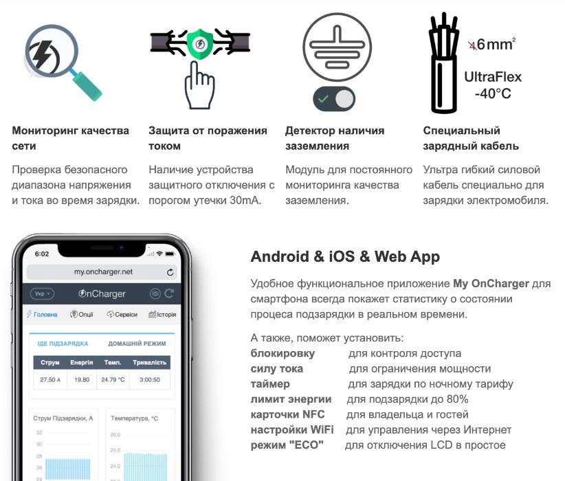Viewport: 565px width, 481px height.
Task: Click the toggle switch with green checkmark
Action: point(334,99)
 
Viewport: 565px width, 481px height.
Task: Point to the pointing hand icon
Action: point(199,86)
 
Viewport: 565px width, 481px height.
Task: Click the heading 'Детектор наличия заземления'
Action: point(335,138)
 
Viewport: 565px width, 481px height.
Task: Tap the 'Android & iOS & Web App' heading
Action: point(345,257)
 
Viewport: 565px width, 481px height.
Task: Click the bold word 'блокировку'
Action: point(282,353)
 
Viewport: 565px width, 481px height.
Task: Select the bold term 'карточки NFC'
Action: point(287,414)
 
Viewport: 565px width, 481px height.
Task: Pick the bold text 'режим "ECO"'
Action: point(287,445)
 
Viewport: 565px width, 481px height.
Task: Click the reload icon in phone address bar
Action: point(170,272)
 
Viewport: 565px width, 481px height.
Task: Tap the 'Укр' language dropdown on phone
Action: point(43,293)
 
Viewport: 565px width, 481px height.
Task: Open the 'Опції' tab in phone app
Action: point(82,314)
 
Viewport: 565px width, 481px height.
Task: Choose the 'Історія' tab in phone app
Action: point(162,314)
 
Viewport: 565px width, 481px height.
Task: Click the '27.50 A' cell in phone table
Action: point(50,379)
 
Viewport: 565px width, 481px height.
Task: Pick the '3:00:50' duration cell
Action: point(150,379)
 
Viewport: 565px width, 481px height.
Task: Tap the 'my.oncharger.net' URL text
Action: point(103,272)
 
